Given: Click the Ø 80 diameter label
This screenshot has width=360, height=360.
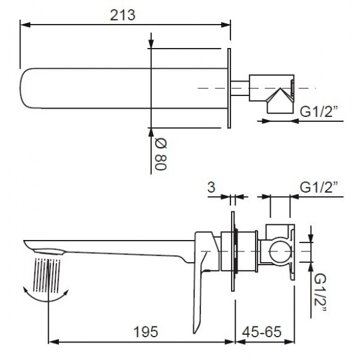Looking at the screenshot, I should [x=160, y=155].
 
